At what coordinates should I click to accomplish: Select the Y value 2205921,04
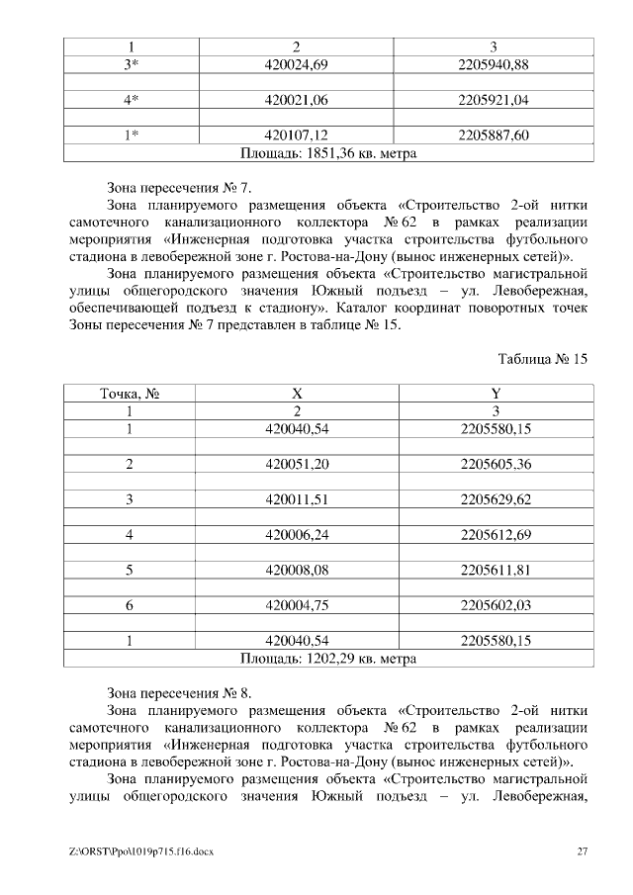click(496, 100)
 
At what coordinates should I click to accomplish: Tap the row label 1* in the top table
click(130, 135)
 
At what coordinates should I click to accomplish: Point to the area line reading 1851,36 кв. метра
click(328, 153)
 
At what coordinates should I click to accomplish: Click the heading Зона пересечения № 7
click(185, 185)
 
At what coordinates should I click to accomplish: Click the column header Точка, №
click(130, 393)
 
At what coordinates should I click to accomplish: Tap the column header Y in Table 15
click(496, 393)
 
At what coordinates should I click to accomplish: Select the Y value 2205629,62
click(496, 499)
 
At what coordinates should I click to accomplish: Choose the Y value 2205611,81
click(496, 570)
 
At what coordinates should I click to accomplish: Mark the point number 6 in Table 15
click(130, 605)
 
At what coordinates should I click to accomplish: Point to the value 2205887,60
click(496, 135)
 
